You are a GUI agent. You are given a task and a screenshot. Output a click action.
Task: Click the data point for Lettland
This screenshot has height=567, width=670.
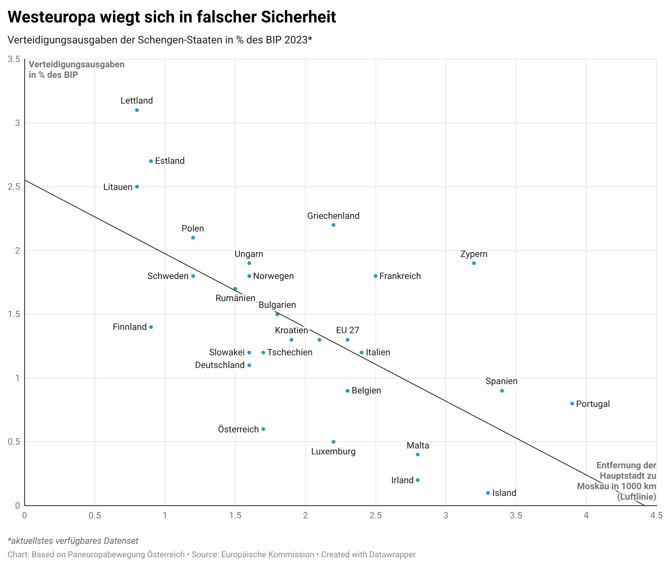click(137, 110)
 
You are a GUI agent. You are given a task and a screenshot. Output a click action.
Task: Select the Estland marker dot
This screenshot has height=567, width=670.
click(151, 161)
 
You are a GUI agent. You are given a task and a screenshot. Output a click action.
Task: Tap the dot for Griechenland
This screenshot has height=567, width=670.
click(334, 225)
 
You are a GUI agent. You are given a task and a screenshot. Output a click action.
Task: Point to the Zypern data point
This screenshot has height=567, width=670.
click(474, 263)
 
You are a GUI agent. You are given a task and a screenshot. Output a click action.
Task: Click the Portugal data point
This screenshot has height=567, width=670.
click(572, 404)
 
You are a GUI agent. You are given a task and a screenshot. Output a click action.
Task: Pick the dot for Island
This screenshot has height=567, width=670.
click(488, 493)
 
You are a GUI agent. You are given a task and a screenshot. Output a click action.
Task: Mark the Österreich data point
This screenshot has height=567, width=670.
click(263, 429)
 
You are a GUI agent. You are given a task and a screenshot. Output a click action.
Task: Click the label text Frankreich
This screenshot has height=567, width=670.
click(400, 276)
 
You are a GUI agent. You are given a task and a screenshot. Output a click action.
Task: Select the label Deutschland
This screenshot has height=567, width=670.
click(220, 365)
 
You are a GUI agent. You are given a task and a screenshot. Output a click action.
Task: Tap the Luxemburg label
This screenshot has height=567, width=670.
click(334, 451)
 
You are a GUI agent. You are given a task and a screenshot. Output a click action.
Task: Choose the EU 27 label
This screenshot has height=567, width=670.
click(347, 330)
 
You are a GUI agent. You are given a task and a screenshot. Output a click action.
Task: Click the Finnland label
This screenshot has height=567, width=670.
click(130, 327)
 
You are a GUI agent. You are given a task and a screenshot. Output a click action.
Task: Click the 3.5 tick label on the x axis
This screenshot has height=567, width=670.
click(516, 515)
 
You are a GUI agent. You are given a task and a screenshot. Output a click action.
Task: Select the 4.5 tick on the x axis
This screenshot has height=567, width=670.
click(656, 515)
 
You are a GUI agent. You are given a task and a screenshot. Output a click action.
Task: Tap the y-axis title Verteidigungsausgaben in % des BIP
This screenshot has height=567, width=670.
click(77, 70)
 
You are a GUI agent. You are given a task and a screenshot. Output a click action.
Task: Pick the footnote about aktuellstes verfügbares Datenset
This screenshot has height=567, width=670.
click(73, 541)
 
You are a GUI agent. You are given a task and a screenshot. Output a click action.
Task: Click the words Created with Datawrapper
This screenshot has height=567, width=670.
click(368, 555)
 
